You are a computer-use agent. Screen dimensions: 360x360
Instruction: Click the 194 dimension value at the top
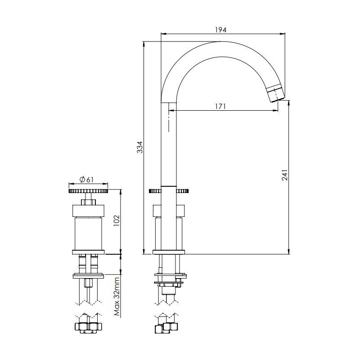pos(220,29)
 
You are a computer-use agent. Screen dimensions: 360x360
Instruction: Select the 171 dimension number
pos(220,107)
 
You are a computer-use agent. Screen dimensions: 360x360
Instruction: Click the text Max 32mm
pos(116,297)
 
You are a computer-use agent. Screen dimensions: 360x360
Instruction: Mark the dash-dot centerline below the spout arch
pos(169,117)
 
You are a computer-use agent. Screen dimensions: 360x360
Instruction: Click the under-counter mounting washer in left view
pos(88,275)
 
